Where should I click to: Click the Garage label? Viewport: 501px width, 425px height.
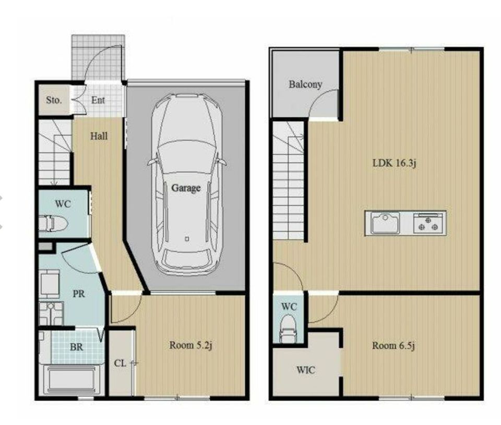click(x=186, y=188)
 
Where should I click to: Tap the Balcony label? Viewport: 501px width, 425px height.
click(x=305, y=84)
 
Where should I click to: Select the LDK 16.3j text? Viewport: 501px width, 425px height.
click(x=395, y=163)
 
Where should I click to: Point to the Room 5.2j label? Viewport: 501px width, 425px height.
click(x=191, y=345)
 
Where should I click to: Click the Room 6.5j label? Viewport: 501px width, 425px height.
click(x=393, y=346)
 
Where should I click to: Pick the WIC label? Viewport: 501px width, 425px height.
click(x=306, y=370)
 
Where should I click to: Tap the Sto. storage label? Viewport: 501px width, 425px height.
click(x=54, y=100)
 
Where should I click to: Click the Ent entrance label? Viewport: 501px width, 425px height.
click(x=98, y=100)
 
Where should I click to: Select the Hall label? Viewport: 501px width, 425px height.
click(x=99, y=136)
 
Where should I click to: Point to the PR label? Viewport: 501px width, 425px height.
click(x=79, y=294)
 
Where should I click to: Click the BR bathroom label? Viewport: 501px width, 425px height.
click(x=76, y=347)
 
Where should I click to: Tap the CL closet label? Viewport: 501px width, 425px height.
click(x=120, y=363)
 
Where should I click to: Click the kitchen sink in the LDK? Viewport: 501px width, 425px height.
click(x=385, y=223)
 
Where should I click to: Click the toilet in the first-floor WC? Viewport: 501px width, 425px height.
click(x=53, y=223)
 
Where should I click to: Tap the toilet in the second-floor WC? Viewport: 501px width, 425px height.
click(x=289, y=329)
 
